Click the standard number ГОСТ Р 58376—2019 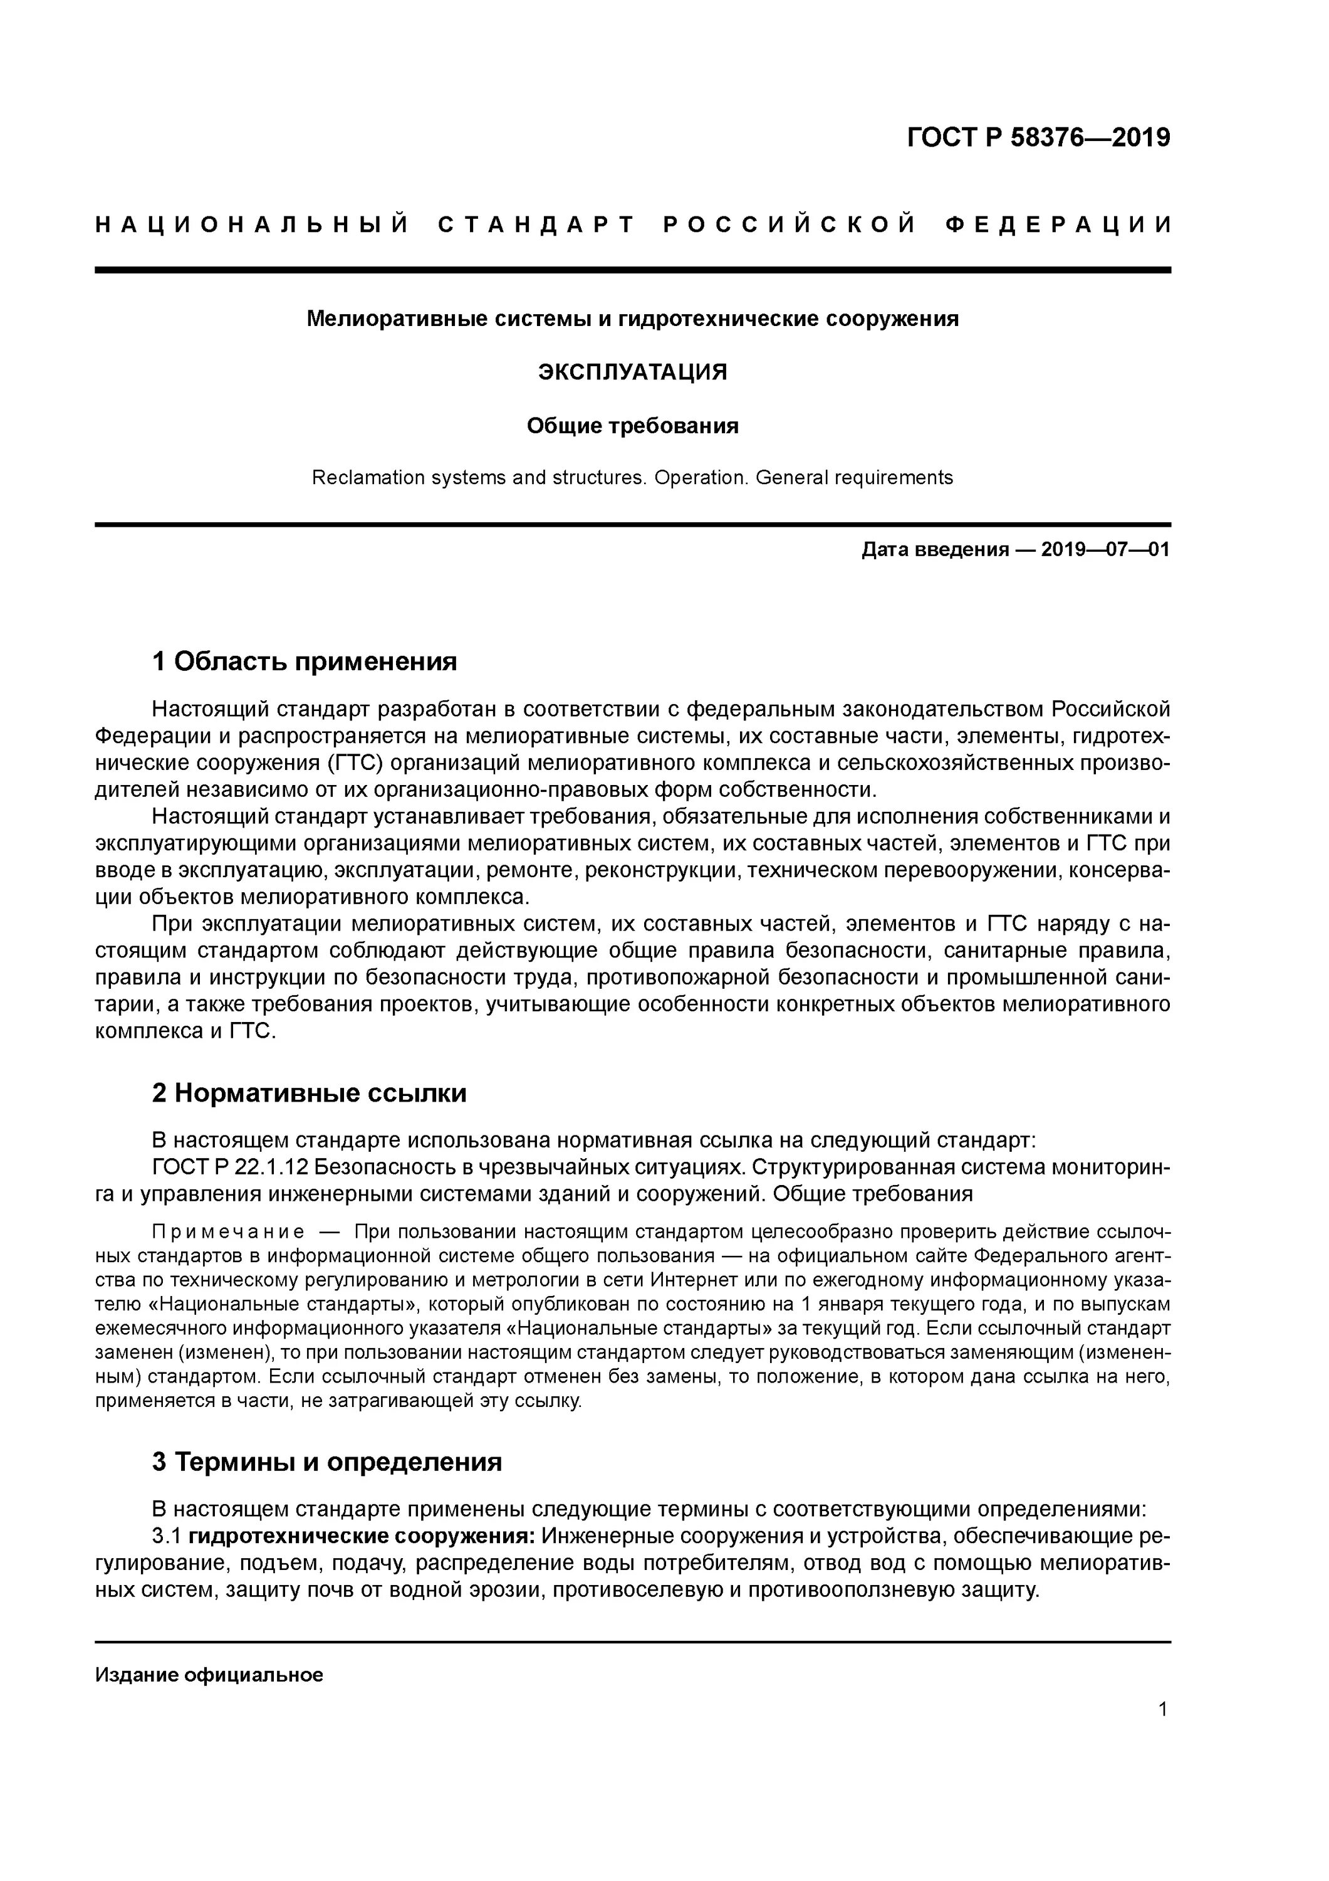pyautogui.click(x=1038, y=138)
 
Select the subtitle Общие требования pyautogui.click(x=632, y=426)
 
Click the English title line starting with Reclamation pyautogui.click(x=632, y=478)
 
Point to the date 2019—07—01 pyautogui.click(x=1105, y=550)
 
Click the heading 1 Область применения pyautogui.click(x=305, y=661)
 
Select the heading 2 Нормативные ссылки pyautogui.click(x=310, y=1093)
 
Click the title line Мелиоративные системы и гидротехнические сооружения pyautogui.click(x=632, y=319)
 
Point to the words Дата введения pyautogui.click(x=934, y=550)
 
